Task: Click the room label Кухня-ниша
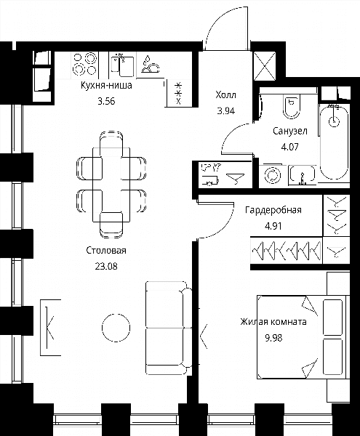[106, 85]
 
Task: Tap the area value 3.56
[106, 101]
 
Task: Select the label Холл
[225, 95]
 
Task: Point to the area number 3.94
[225, 111]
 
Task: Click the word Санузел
[290, 131]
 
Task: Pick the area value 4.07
[290, 147]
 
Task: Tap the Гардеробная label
[273, 210]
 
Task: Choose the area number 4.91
[273, 226]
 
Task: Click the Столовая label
[106, 250]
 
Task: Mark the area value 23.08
[106, 266]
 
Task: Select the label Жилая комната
[273, 322]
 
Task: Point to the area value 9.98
[273, 338]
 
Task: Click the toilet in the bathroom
[292, 106]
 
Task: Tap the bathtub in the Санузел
[334, 142]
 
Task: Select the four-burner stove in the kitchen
[84, 64]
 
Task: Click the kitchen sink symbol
[122, 65]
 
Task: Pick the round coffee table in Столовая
[116, 328]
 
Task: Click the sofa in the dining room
[169, 328]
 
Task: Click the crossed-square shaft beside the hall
[265, 66]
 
